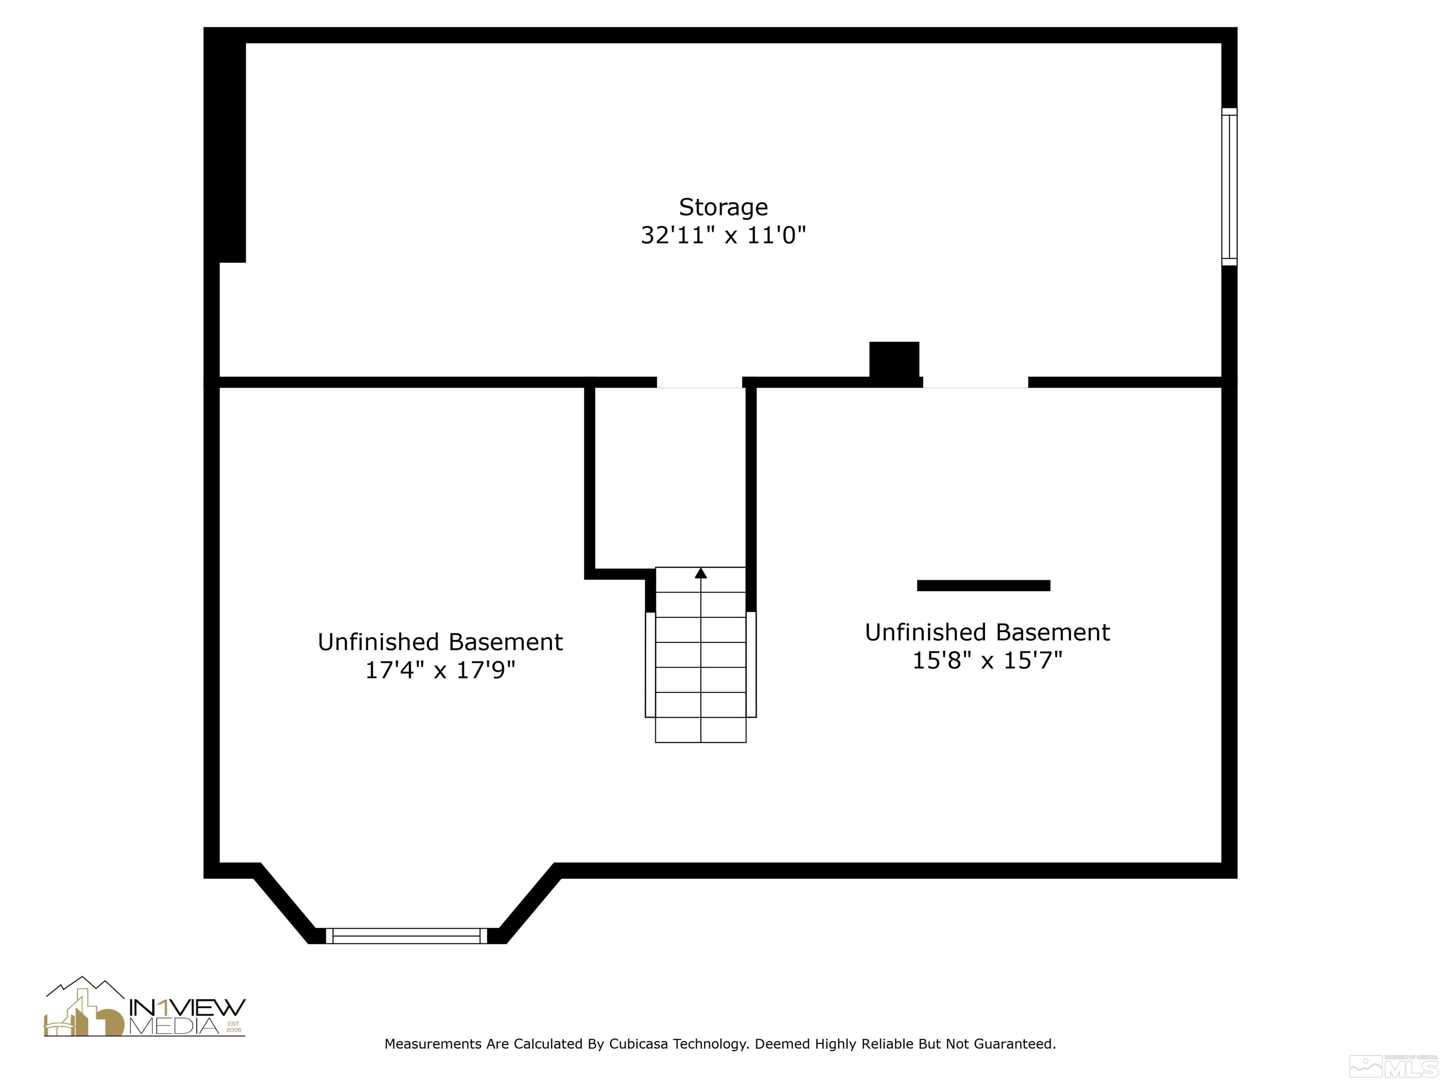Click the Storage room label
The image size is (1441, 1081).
(723, 207)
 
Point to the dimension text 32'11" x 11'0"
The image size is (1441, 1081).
(723, 235)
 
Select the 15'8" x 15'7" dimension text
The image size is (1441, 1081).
(987, 660)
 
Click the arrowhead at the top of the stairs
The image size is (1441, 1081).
(701, 573)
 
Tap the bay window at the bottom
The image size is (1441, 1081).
(407, 936)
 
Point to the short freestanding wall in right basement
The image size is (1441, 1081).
(983, 586)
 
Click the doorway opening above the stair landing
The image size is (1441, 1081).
(699, 382)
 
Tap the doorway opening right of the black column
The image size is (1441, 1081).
(975, 382)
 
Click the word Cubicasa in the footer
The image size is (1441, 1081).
(638, 1044)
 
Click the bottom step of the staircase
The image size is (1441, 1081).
(701, 730)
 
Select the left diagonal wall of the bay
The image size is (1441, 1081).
(284, 905)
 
